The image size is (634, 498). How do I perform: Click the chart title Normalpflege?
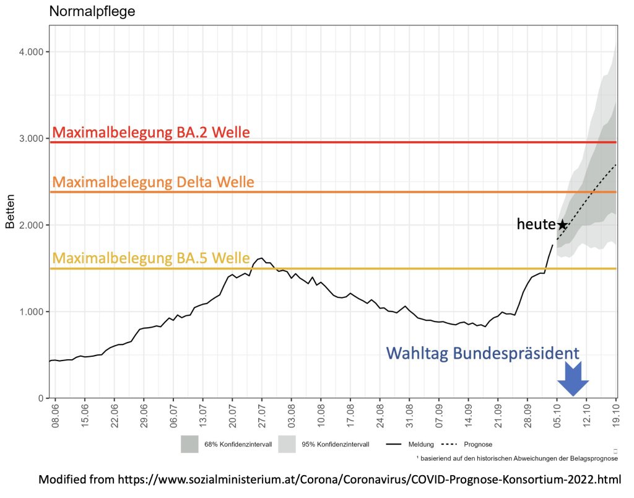point(92,12)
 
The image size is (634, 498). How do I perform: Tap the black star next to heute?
point(562,225)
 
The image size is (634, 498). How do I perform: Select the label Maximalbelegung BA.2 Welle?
point(151,133)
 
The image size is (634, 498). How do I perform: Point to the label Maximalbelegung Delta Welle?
point(153,183)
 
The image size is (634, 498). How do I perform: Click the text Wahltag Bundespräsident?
point(482,354)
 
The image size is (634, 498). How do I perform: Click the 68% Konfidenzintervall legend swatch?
point(189,444)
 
